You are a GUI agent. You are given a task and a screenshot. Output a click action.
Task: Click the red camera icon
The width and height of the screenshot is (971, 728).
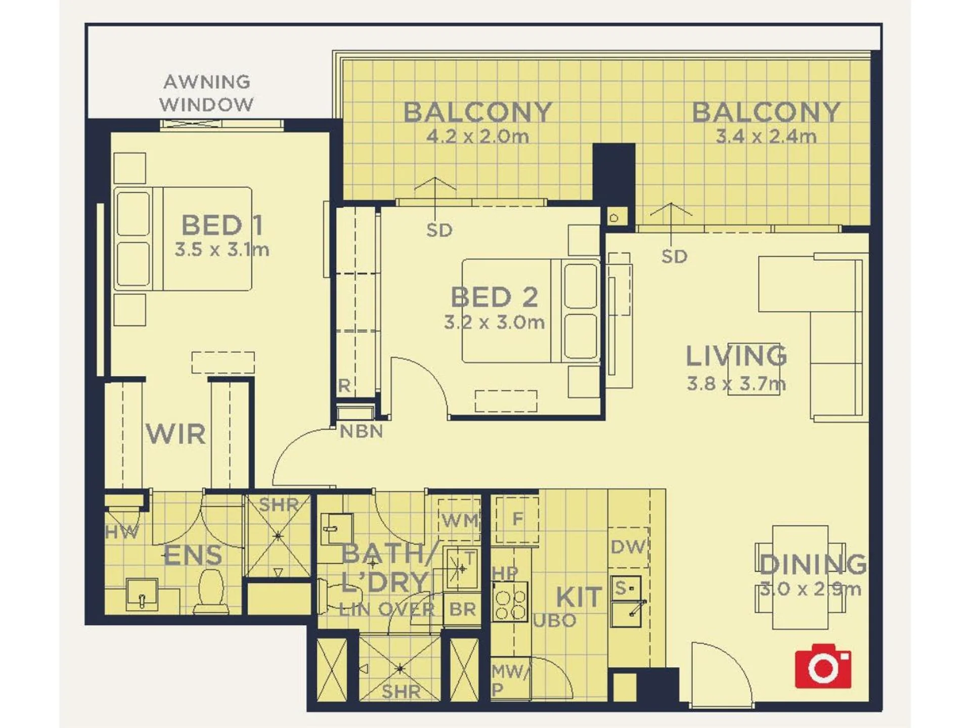pos(823,666)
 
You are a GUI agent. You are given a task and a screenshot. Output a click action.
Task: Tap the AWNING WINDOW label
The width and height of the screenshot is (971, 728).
pos(207,93)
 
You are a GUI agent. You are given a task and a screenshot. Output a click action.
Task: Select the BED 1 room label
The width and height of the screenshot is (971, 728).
pos(222,225)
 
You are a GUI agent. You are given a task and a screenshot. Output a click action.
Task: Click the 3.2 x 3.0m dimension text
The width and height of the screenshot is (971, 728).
pos(494,322)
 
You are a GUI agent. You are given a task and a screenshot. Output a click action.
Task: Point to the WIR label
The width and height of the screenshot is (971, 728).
pos(176,434)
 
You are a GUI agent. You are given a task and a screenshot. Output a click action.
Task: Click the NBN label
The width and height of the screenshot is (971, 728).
pos(361,431)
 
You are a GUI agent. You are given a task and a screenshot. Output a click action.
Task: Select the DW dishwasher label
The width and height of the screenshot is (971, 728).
pos(628,547)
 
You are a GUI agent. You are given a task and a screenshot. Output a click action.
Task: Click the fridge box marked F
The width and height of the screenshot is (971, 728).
pos(517,520)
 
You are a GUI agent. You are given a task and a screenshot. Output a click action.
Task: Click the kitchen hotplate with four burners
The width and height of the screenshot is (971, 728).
pos(510,601)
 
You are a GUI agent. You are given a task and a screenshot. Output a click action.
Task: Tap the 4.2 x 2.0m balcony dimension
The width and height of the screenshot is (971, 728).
pos(477,136)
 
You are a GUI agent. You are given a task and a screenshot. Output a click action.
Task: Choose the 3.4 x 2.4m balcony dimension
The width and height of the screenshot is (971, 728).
pos(766,136)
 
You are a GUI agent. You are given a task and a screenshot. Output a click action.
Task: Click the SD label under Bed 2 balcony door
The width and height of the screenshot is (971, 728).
pos(439,231)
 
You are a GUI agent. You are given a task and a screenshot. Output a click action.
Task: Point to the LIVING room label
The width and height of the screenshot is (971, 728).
pos(736,356)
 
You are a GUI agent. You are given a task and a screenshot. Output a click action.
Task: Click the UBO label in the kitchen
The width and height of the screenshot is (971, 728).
pos(555,620)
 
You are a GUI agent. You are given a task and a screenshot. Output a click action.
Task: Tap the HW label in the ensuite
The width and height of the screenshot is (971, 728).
pos(122,532)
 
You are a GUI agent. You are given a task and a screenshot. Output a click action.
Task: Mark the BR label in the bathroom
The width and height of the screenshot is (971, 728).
pos(462,609)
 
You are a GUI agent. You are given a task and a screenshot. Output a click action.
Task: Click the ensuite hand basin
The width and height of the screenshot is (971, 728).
pos(142,595)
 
